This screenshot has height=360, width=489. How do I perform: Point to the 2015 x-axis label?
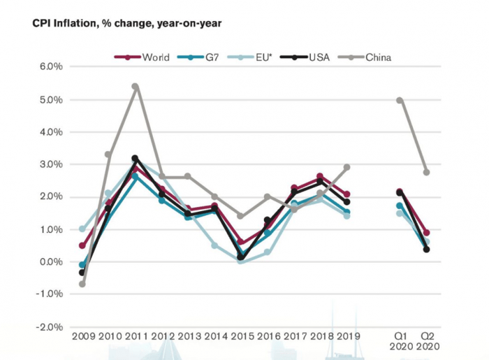tap(240, 336)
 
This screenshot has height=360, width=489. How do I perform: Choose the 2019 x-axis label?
tap(346, 336)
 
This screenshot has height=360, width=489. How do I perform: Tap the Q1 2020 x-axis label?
tap(400, 341)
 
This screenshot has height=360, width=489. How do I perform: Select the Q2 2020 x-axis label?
tap(426, 341)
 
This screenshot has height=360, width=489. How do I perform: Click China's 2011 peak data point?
tap(135, 87)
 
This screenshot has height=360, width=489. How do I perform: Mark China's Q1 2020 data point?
tap(400, 100)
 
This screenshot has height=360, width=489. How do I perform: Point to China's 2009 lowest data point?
tap(82, 284)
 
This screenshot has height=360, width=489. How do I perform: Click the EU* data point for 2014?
tap(214, 245)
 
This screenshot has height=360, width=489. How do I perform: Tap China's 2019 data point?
tap(346, 168)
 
